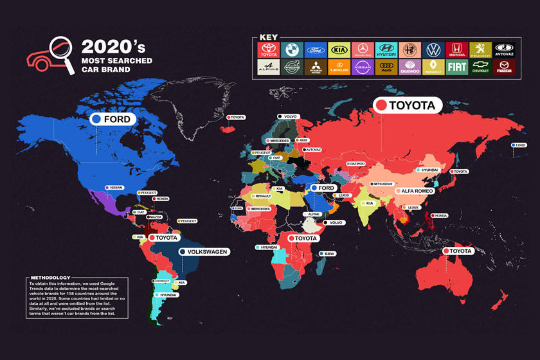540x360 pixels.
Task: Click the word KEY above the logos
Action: (268, 37)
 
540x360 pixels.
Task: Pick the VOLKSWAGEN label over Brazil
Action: (204, 252)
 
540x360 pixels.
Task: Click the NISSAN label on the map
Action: (114, 188)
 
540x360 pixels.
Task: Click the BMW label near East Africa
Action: (327, 255)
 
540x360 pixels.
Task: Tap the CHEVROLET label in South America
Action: (161, 281)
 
